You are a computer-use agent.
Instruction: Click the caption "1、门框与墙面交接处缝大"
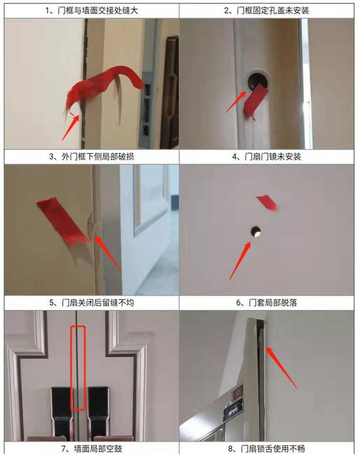coord(92,10)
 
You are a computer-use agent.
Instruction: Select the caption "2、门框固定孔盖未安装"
coord(266,10)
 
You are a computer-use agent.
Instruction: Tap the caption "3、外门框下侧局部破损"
coord(92,156)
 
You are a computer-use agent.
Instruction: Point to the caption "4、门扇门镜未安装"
coord(266,156)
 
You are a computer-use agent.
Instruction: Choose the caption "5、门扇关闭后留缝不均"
coord(92,303)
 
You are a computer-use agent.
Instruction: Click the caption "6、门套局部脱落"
coord(266,303)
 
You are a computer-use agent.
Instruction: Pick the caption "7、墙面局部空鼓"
coord(92,449)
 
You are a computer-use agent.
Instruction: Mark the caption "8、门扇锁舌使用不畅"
coord(266,449)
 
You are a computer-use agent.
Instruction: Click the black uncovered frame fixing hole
coord(256,80)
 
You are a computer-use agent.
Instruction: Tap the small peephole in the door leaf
coord(256,232)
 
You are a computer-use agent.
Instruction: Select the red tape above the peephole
coord(267,202)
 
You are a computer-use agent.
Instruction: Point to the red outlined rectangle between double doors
coord(78,368)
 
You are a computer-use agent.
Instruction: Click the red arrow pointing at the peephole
coord(240,260)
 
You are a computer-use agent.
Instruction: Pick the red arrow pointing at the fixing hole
coord(236,101)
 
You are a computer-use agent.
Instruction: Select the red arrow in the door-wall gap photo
coord(71,128)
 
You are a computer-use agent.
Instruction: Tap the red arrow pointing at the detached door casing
coord(281,367)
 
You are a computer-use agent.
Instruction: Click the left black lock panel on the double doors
coord(62,413)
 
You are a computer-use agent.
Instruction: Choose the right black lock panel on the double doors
coord(98,413)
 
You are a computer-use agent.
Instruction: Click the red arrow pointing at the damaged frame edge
coord(107,253)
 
